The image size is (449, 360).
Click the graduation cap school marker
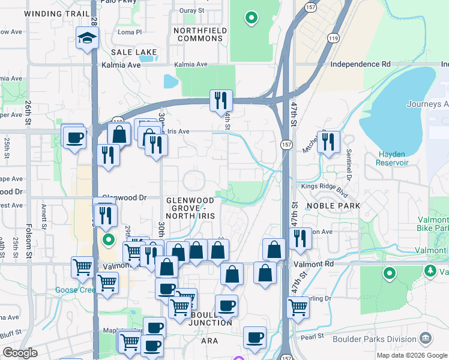coord(87,40)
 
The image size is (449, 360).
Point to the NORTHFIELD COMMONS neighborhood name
coord(199,34)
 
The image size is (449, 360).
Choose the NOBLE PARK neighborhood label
coord(333,206)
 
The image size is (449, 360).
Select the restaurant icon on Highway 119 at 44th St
coord(221,100)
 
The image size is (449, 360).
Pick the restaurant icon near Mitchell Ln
coord(328,142)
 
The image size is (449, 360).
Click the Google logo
coord(20,353)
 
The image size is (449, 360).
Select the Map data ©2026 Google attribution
coord(412,356)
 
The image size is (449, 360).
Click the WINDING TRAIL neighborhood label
coord(52,13)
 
